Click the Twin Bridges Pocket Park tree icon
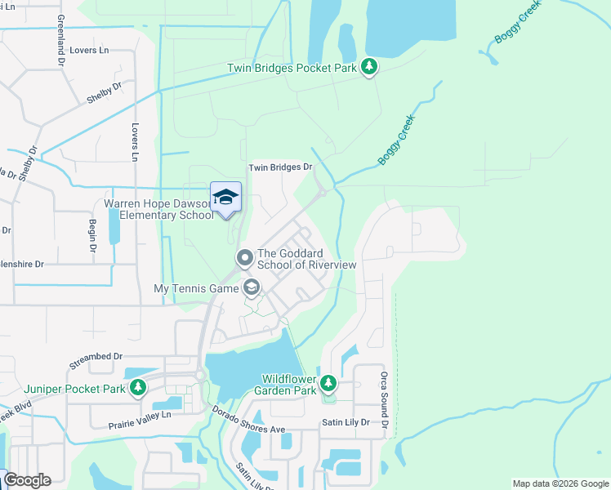[369, 67]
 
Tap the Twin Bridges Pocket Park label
[292, 68]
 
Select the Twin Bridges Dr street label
[281, 167]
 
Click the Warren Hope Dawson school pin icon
[226, 198]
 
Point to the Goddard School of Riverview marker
[244, 259]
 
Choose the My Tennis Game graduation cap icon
[251, 287]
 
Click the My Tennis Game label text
[195, 288]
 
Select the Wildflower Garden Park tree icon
[328, 382]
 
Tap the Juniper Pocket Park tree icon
[138, 387]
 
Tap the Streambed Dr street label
[96, 357]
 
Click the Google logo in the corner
[26, 480]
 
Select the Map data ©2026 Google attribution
[560, 483]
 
